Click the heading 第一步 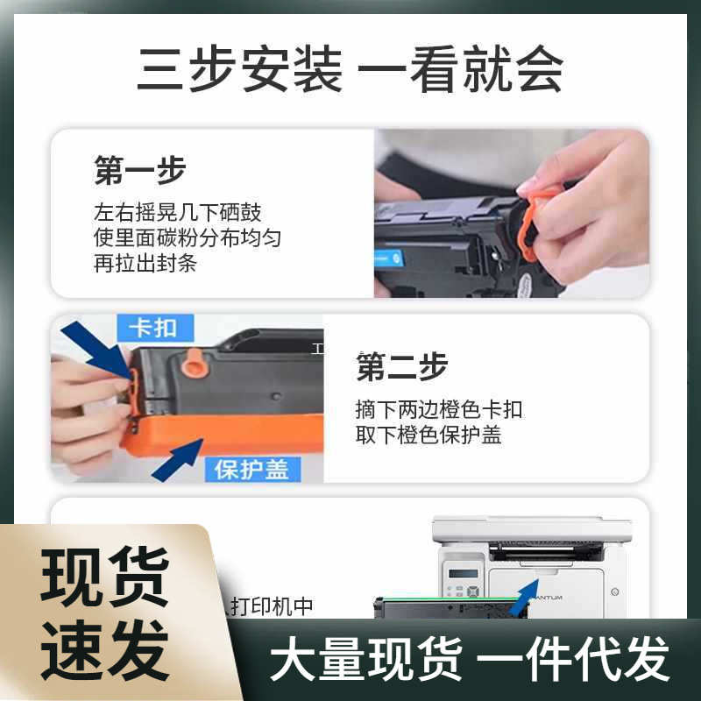140,171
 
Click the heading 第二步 401,367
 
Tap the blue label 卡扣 152,329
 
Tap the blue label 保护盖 251,469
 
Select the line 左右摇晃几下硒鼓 177,213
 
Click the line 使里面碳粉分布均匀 188,238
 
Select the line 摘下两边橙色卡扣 439,409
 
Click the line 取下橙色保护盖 428,435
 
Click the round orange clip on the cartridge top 195,362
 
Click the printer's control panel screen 463,573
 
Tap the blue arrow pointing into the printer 525,595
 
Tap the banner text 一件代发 577,659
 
